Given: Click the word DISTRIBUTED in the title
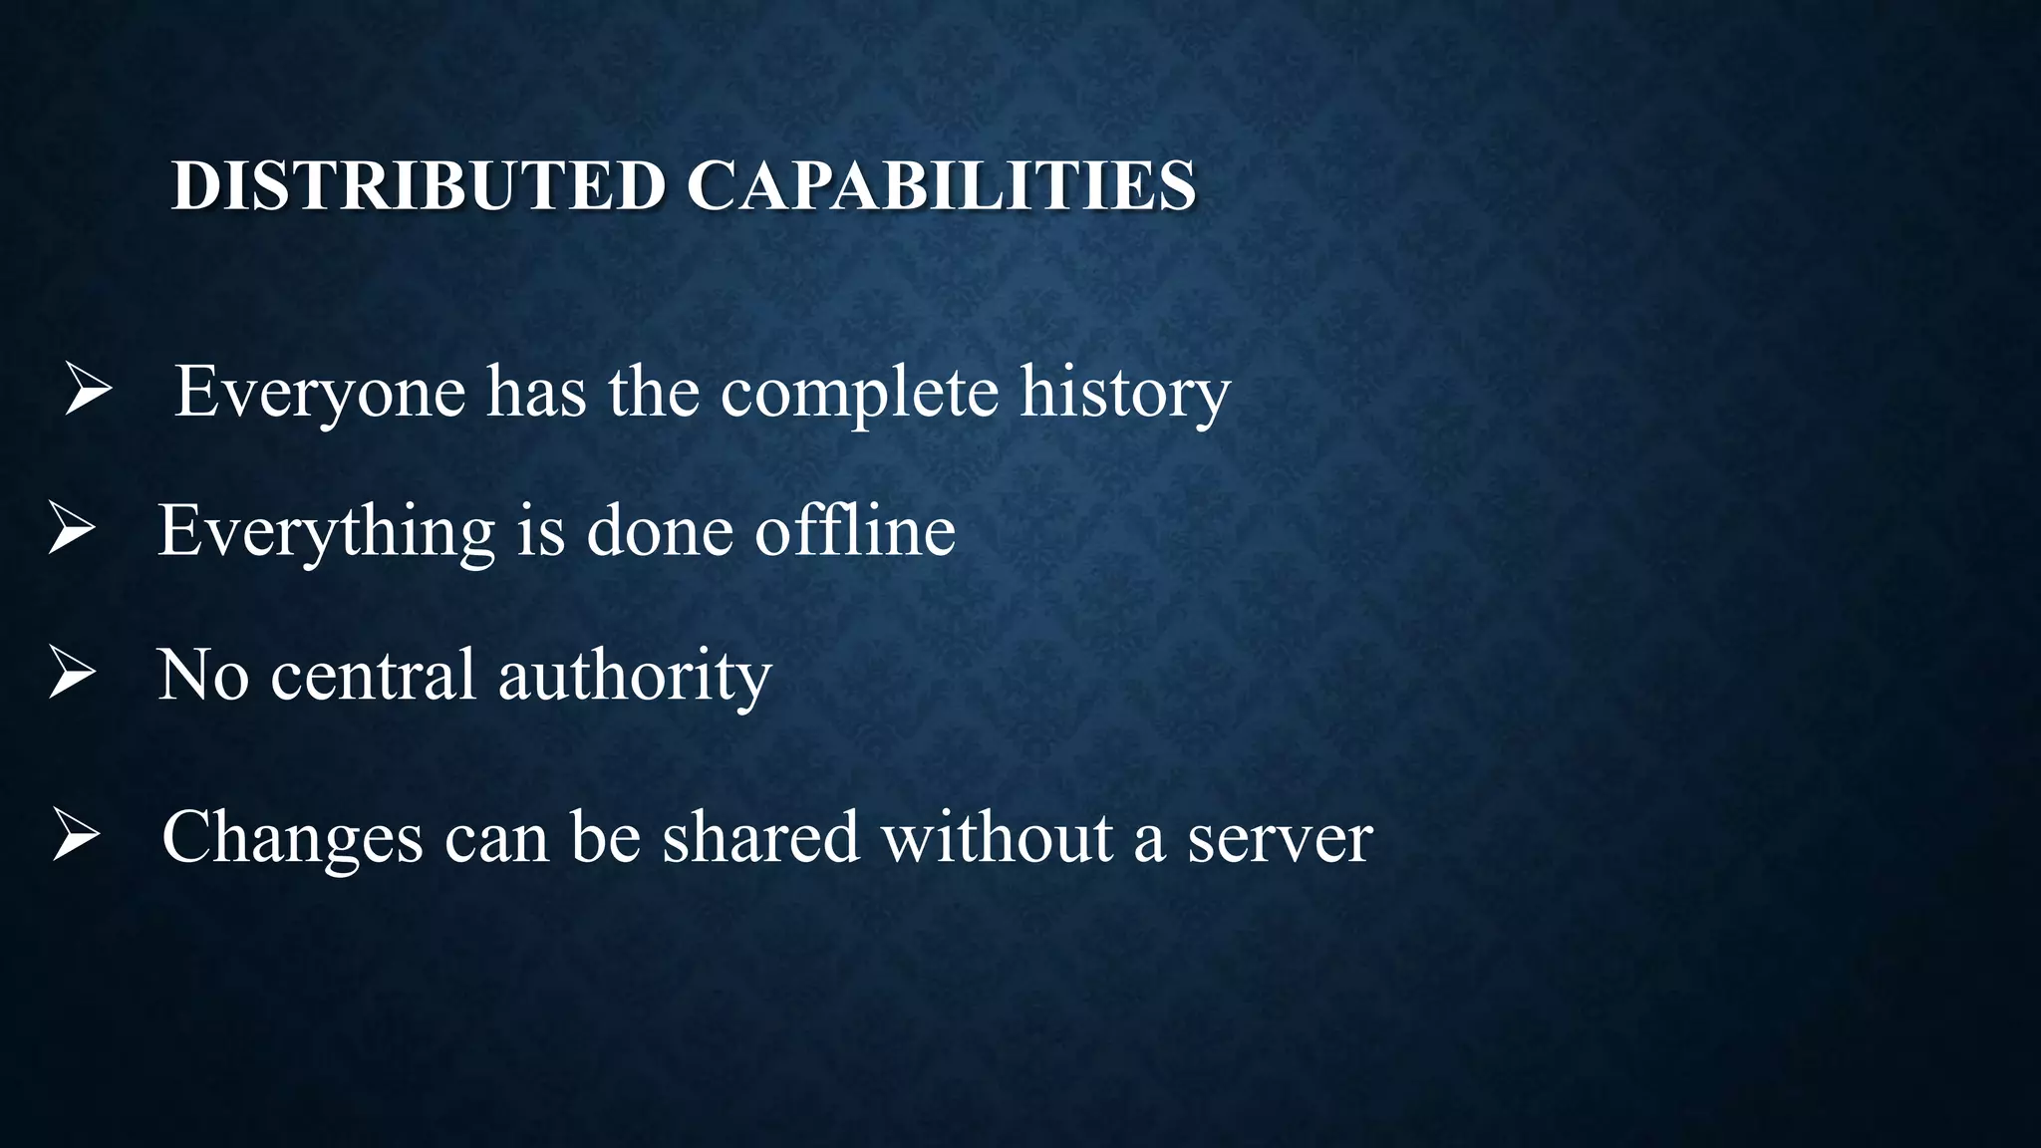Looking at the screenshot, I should point(418,185).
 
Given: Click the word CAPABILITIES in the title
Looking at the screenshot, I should point(942,185).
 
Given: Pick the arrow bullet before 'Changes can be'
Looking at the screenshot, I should point(76,834).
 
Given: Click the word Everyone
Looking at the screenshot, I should point(320,392).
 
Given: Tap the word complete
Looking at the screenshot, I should point(859,392).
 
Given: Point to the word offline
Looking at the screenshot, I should point(855,530).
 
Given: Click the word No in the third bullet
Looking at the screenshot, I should point(203,675).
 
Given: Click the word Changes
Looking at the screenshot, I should point(292,837).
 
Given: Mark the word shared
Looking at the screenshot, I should point(760,837).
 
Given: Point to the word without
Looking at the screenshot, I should point(998,837).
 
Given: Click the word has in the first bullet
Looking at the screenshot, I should point(536,392).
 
